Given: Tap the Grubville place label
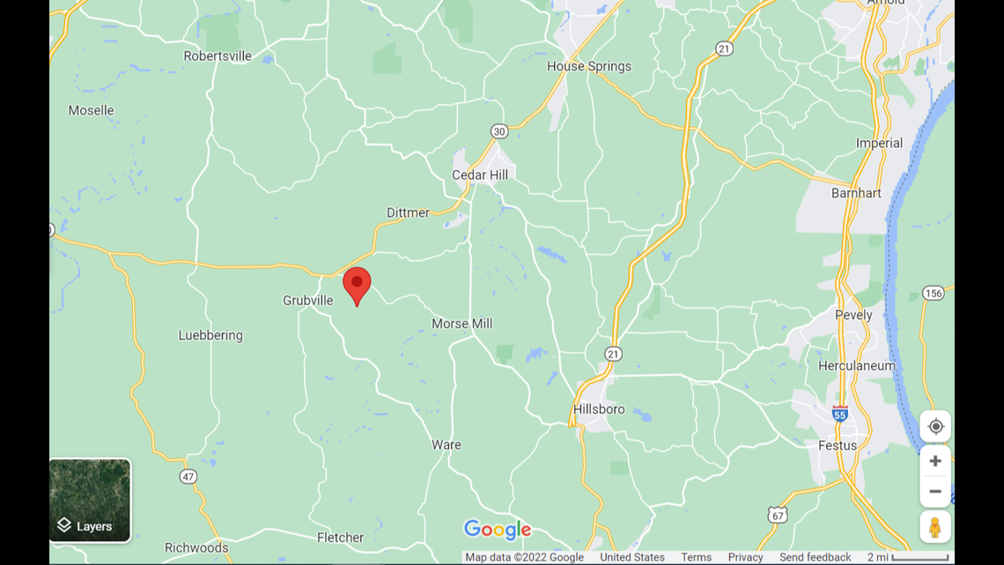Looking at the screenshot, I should click(308, 301).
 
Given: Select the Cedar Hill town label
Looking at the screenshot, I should click(480, 175).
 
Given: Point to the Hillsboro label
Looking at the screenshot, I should click(599, 409).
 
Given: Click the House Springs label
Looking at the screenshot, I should click(589, 66).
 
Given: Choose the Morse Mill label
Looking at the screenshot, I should click(462, 323).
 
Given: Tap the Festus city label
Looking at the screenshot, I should click(837, 445).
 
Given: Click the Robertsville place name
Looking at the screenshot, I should click(218, 56).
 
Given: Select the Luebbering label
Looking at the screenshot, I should click(210, 335).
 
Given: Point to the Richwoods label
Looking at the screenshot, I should click(196, 547).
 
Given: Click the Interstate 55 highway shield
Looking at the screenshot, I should click(840, 412).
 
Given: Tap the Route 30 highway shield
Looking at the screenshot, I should click(499, 131).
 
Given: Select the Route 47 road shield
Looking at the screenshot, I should click(188, 476).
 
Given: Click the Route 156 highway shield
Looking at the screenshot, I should click(934, 293).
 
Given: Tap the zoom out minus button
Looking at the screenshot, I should click(935, 492).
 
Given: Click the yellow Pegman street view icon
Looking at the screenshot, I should click(935, 527).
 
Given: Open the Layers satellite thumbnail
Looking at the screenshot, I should click(90, 500).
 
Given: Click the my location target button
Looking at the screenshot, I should click(935, 427).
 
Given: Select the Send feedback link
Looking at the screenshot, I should click(815, 557).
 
